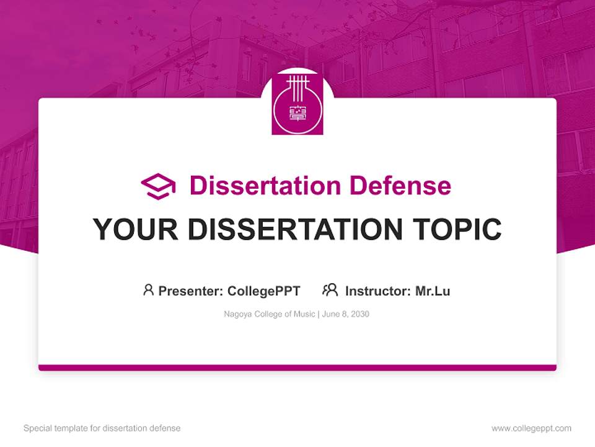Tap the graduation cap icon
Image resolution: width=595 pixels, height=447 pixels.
(x=158, y=186)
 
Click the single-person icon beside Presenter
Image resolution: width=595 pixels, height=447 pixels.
(x=148, y=290)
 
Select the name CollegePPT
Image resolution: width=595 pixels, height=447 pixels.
(x=264, y=291)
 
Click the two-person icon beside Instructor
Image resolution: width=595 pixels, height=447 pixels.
(x=330, y=290)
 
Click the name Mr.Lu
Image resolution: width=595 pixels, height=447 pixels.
(x=433, y=291)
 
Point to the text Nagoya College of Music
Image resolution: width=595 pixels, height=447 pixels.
(x=270, y=314)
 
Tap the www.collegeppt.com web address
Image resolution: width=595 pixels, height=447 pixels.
(x=531, y=428)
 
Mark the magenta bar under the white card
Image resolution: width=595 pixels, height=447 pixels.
(x=297, y=368)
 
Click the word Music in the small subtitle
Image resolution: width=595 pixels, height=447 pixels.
(x=305, y=314)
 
